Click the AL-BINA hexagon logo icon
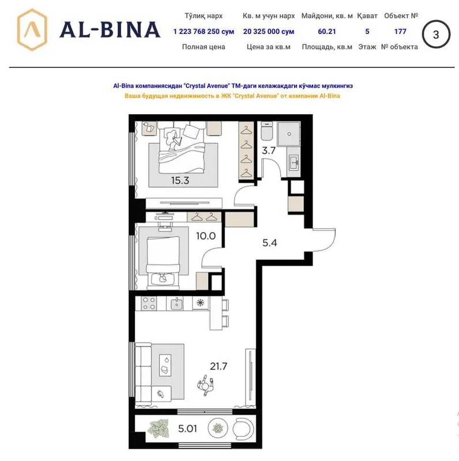click(32, 30)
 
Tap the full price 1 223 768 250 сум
click(204, 32)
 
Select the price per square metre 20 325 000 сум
click(269, 32)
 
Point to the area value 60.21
click(327, 32)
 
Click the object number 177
click(400, 32)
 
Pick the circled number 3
click(436, 35)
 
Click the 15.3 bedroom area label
click(180, 180)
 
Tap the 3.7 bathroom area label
click(269, 151)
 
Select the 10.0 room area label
click(206, 236)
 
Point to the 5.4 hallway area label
click(269, 243)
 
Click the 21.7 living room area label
click(219, 366)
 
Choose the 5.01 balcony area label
click(187, 429)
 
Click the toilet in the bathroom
click(267, 131)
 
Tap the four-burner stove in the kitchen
click(149, 304)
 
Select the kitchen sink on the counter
click(176, 304)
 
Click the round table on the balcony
click(218, 428)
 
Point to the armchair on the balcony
click(243, 429)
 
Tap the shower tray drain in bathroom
click(289, 134)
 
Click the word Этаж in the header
click(367, 47)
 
